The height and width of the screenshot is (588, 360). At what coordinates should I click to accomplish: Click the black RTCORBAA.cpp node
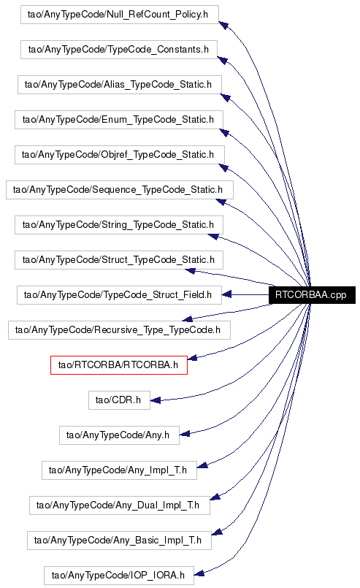point(312,295)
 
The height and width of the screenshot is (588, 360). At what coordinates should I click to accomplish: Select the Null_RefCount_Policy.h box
point(120,15)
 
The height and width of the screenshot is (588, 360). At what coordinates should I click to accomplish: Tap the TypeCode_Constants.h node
point(119,50)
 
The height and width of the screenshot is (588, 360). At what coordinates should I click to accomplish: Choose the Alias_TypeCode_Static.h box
point(119,85)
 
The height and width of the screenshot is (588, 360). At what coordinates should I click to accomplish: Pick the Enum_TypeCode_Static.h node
point(119,120)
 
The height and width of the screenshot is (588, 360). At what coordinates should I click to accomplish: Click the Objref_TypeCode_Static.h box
point(120,155)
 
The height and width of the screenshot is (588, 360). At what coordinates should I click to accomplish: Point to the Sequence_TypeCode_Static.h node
point(120,190)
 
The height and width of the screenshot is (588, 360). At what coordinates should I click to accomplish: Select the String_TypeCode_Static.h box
point(119,225)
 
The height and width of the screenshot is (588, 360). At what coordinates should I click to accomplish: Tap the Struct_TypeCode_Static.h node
point(119,260)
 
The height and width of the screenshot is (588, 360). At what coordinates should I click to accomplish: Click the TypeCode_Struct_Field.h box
point(119,295)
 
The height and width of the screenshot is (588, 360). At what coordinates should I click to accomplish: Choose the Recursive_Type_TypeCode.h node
point(119,330)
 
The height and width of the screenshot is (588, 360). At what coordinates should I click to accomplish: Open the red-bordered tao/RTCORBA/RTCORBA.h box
point(119,365)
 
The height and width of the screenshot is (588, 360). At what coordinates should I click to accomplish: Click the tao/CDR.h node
point(119,400)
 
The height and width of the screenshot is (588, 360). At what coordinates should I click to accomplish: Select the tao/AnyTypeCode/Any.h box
point(119,435)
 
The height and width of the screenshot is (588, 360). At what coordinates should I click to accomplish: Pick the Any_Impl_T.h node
point(119,470)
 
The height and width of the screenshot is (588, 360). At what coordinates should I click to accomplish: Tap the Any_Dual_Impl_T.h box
point(120,505)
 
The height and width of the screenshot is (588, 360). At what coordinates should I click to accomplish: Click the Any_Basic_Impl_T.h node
point(119,541)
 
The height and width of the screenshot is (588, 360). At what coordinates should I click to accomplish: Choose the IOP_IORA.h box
point(119,576)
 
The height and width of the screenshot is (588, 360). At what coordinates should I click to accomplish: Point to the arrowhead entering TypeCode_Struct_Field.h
point(226,295)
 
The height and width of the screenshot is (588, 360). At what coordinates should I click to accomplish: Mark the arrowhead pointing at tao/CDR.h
point(156,400)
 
